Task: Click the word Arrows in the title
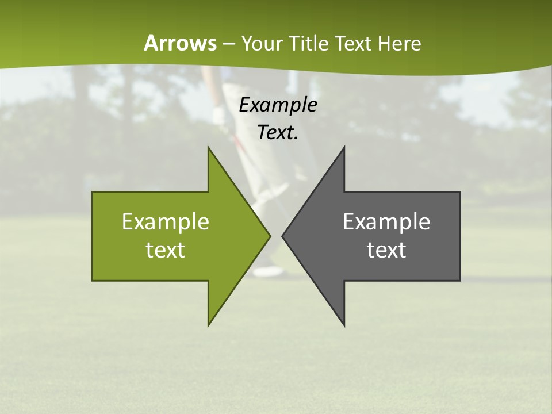[x=180, y=43]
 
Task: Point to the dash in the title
[x=228, y=44]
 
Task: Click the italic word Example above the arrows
[x=278, y=105]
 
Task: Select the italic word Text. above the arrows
[x=278, y=132]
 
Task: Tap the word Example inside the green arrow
[x=166, y=222]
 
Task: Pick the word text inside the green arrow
[x=166, y=250]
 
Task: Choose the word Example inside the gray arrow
[x=386, y=222]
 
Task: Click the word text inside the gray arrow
[x=386, y=250]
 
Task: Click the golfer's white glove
[x=220, y=115]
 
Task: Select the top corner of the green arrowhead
[x=209, y=148]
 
